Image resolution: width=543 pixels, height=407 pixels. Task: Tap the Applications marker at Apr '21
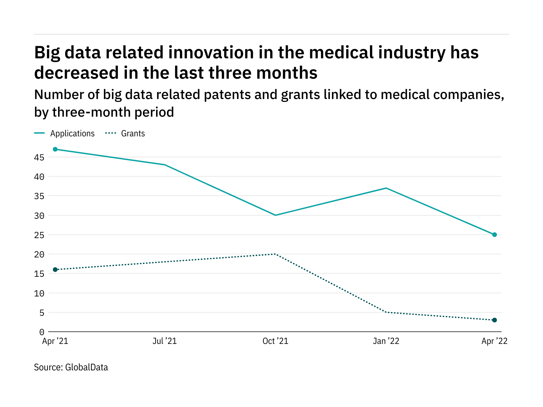pyautogui.click(x=55, y=149)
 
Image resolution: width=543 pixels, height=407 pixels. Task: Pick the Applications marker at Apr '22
pyautogui.click(x=494, y=235)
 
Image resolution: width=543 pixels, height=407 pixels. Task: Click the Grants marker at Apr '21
pyautogui.click(x=55, y=270)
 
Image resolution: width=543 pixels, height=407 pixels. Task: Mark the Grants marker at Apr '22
pyautogui.click(x=494, y=320)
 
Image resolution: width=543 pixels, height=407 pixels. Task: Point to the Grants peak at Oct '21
pyautogui.click(x=275, y=254)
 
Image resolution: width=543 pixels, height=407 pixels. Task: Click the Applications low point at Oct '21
pyautogui.click(x=275, y=215)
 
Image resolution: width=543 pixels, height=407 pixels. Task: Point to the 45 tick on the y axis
pyautogui.click(x=39, y=157)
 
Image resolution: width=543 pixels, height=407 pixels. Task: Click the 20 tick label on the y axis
pyautogui.click(x=39, y=254)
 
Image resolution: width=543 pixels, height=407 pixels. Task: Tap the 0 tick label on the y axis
pyautogui.click(x=41, y=332)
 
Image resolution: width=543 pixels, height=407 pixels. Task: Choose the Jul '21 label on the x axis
pyautogui.click(x=165, y=341)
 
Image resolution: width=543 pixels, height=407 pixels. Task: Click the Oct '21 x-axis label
pyautogui.click(x=275, y=341)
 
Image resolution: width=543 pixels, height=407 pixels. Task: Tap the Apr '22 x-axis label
pyautogui.click(x=494, y=341)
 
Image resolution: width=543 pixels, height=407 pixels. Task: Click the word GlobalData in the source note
pyautogui.click(x=87, y=367)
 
